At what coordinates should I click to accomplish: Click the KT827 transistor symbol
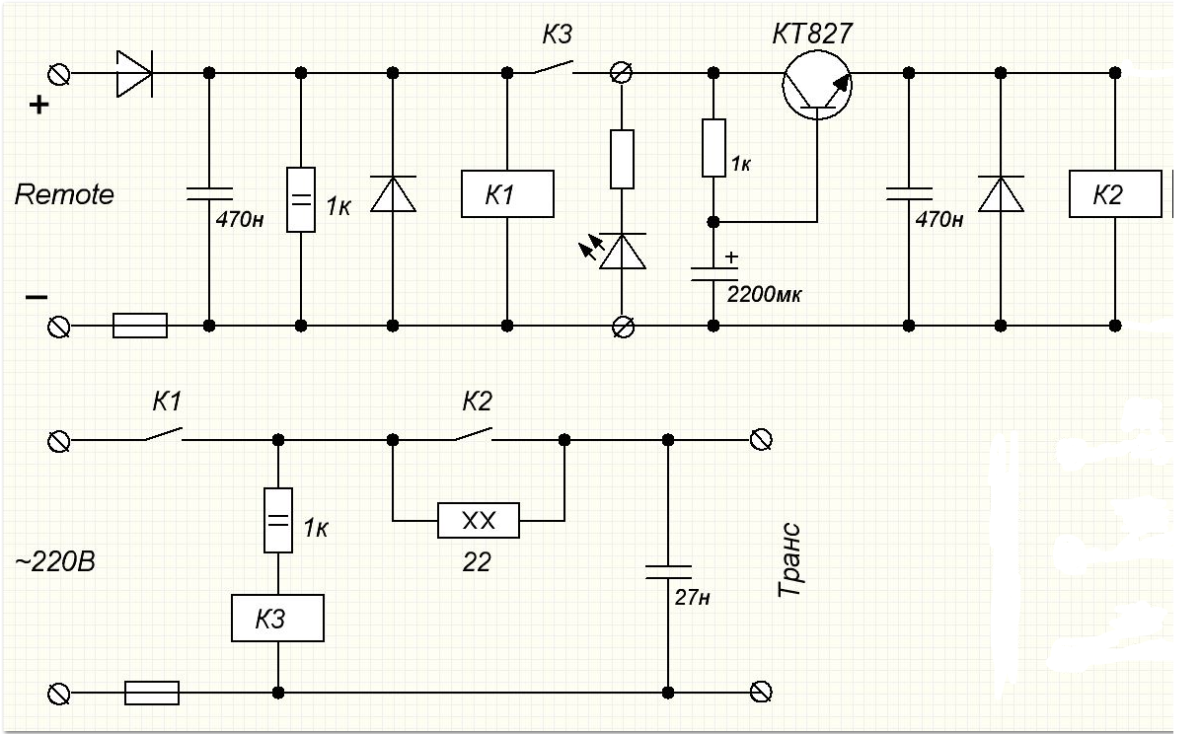click(x=816, y=85)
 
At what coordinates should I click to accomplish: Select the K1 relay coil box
click(x=507, y=193)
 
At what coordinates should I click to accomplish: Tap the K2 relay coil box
click(x=1115, y=193)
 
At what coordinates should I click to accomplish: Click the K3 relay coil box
click(x=277, y=618)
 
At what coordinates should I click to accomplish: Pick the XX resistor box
click(x=479, y=520)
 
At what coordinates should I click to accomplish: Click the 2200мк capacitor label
click(x=764, y=294)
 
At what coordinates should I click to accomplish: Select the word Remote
click(x=64, y=194)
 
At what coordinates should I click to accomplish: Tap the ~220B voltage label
click(x=55, y=562)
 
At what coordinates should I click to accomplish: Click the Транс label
click(x=789, y=559)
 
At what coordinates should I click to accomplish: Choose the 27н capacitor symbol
click(x=668, y=572)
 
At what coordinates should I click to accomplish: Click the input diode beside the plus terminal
click(x=134, y=73)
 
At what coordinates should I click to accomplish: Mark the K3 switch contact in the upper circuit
click(x=554, y=67)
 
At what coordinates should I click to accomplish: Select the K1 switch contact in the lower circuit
click(x=163, y=434)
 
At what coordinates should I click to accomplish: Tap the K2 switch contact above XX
click(x=474, y=434)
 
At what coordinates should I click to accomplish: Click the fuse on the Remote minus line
click(x=140, y=326)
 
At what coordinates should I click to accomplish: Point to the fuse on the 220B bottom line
click(x=152, y=693)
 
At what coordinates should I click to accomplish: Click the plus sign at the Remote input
click(x=39, y=105)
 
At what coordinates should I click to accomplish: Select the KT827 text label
click(x=812, y=34)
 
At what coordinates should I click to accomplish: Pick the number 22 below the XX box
click(x=477, y=562)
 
